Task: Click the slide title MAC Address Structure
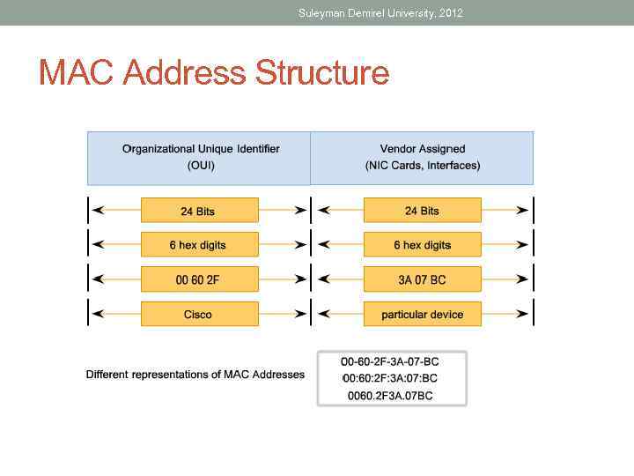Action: click(214, 73)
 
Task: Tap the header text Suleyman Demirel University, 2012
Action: click(380, 13)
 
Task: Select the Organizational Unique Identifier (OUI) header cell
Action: click(200, 158)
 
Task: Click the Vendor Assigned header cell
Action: click(423, 158)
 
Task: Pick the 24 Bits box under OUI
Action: click(199, 211)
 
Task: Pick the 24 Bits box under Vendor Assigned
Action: click(423, 211)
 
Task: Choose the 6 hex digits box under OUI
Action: click(199, 245)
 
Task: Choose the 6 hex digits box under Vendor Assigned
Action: click(423, 245)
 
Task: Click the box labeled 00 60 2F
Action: click(199, 279)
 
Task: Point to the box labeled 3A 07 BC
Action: click(423, 279)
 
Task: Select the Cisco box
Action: click(199, 314)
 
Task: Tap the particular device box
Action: click(423, 314)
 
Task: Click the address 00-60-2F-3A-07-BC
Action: click(390, 361)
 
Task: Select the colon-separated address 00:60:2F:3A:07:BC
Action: click(390, 378)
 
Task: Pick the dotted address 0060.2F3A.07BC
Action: click(390, 396)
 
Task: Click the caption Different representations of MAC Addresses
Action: click(195, 375)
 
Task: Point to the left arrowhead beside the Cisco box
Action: click(97, 314)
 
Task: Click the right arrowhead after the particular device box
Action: click(523, 314)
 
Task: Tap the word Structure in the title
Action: click(322, 73)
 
